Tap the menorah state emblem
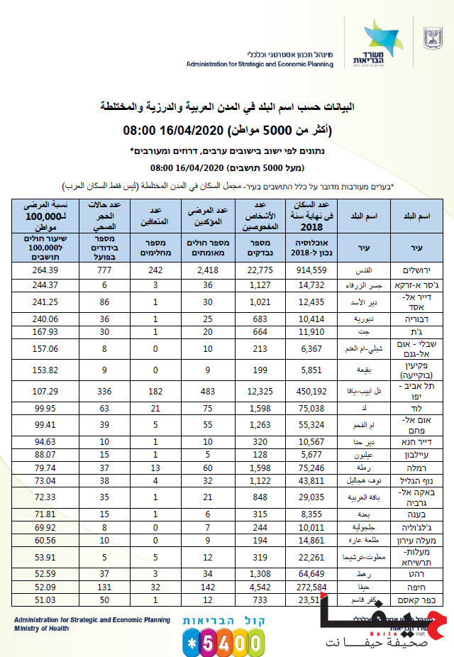tap(431, 38)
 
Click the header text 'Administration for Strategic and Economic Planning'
tap(260, 63)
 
